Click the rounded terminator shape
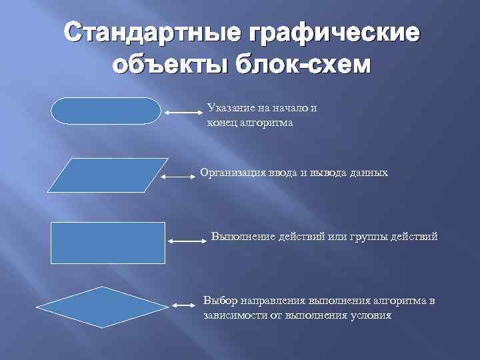coord(106,111)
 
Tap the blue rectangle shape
coord(107,243)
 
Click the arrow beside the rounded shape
coord(182,113)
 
